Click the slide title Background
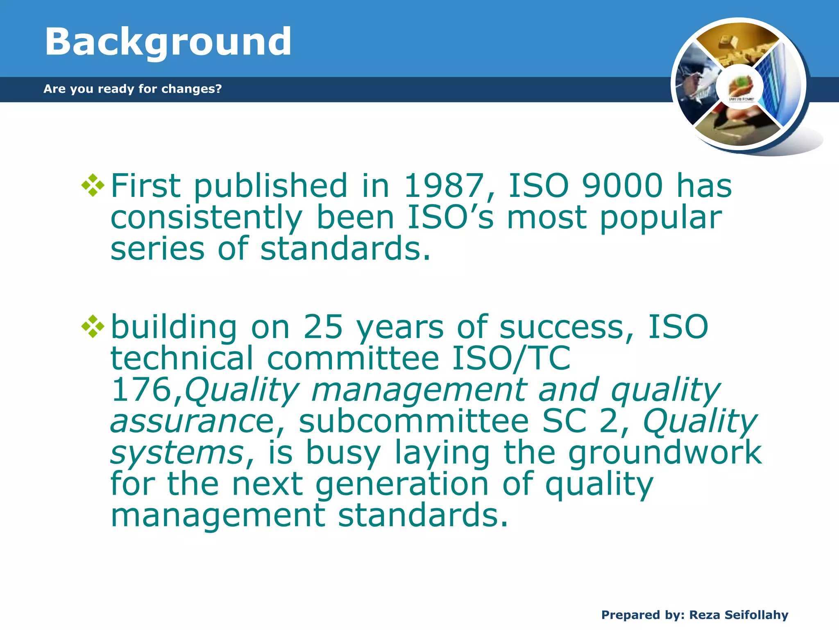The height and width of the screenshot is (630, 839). [x=168, y=42]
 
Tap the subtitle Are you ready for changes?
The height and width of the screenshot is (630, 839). [x=132, y=89]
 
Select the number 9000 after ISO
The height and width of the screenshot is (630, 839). [x=622, y=185]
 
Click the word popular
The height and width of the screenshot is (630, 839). [x=661, y=217]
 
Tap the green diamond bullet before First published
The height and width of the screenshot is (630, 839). [x=93, y=185]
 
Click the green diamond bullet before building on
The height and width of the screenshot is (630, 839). [x=93, y=326]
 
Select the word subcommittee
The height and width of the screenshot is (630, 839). [x=414, y=422]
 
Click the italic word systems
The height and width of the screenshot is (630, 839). [x=178, y=453]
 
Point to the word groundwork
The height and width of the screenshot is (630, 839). [x=665, y=453]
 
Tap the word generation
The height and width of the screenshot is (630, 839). [x=402, y=484]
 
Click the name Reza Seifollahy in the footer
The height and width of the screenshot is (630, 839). [x=739, y=615]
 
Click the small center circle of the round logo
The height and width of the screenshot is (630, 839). [x=740, y=87]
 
